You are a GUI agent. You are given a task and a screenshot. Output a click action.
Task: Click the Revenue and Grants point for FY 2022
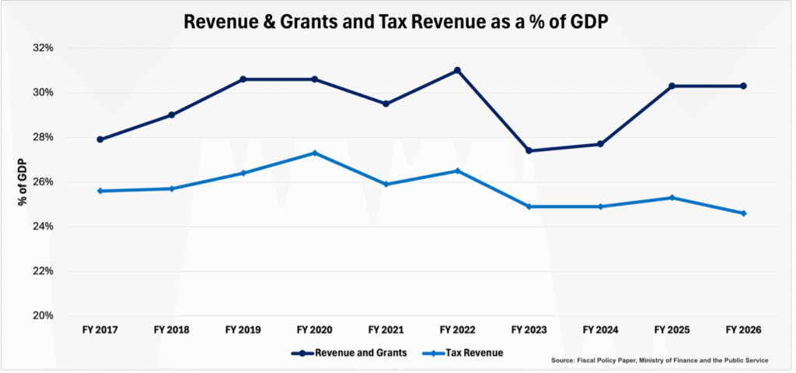(457, 70)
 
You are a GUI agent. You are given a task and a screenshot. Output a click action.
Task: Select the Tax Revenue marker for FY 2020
(315, 153)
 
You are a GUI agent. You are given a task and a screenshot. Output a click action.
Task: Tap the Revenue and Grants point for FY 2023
(529, 150)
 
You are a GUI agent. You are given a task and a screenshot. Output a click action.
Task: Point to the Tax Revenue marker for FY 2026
(743, 213)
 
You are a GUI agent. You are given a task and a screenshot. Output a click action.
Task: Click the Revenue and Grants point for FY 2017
(100, 139)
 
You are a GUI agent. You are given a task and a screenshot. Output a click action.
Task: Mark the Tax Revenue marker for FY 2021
(386, 185)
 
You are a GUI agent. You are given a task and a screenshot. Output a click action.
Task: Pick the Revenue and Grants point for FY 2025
(672, 86)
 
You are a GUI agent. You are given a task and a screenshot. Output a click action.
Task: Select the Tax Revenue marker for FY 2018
(172, 188)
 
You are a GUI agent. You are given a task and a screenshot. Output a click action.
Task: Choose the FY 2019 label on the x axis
(243, 330)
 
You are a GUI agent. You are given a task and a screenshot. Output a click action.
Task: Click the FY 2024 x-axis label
(601, 330)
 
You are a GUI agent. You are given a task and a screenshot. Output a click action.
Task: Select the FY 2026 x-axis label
(743, 330)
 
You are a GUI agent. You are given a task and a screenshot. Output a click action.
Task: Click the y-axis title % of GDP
(23, 182)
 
